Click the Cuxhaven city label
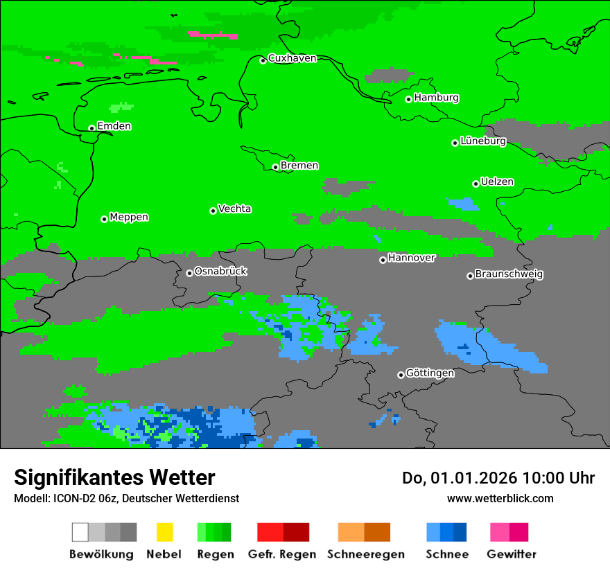click(292, 58)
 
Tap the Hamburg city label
click(436, 98)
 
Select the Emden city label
click(114, 126)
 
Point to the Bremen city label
click(299, 166)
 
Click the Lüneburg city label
click(482, 141)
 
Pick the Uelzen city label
click(497, 182)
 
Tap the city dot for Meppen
click(104, 219)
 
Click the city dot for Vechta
click(213, 211)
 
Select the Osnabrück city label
click(220, 272)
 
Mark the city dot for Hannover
click(383, 260)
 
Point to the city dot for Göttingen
click(401, 375)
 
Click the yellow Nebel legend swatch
click(164, 532)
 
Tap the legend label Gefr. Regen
click(282, 554)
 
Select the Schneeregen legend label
click(365, 554)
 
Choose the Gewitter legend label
click(512, 554)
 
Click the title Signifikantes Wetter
click(114, 477)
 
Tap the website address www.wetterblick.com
click(500, 498)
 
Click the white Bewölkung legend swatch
click(80, 532)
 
